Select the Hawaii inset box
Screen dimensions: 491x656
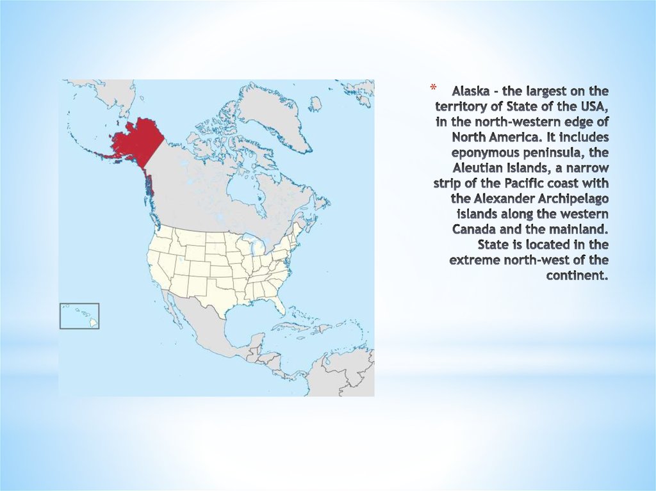coord(79,316)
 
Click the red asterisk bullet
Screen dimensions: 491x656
coord(432,87)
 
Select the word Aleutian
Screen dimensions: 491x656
coord(480,167)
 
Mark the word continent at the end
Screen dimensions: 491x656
coord(577,275)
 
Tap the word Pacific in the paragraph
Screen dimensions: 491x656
coord(516,182)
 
